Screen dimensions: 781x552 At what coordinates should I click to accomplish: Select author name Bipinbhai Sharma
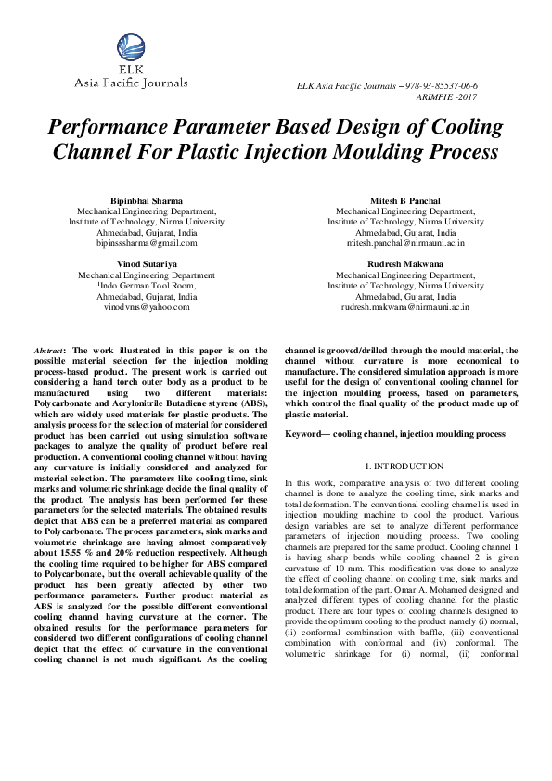click(x=147, y=200)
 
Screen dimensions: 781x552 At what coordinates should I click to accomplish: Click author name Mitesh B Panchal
click(x=405, y=200)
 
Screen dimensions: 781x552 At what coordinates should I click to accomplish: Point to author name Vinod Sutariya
click(x=147, y=264)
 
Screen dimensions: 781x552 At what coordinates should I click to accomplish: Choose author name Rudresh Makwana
click(x=405, y=264)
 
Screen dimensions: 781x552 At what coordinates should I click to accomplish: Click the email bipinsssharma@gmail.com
click(x=147, y=243)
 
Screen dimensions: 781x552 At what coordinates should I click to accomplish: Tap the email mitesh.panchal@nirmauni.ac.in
click(x=405, y=243)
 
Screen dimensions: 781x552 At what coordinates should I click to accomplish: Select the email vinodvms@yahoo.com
click(x=147, y=306)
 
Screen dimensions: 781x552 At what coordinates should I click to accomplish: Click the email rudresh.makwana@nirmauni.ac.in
click(x=405, y=306)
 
